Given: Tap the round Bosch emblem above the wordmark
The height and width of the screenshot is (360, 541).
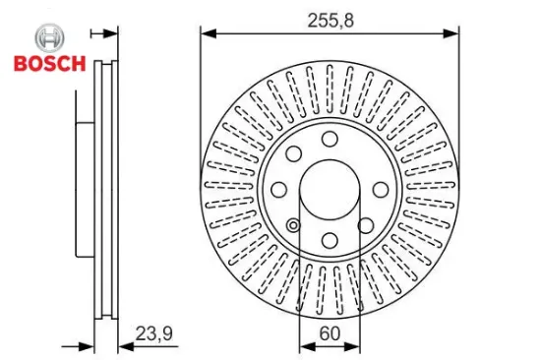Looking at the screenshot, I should (49, 38).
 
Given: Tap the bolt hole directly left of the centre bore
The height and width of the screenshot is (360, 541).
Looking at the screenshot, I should (278, 189).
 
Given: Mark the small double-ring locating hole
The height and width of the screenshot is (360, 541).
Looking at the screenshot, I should (292, 225).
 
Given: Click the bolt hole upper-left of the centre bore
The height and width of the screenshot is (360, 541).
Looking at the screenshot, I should (293, 152).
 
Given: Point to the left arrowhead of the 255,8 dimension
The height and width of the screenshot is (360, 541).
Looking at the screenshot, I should (207, 32).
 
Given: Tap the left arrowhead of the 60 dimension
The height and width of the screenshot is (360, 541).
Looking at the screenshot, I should (305, 346).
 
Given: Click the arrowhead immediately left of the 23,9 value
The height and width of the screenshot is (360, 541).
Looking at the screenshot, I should (124, 346).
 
